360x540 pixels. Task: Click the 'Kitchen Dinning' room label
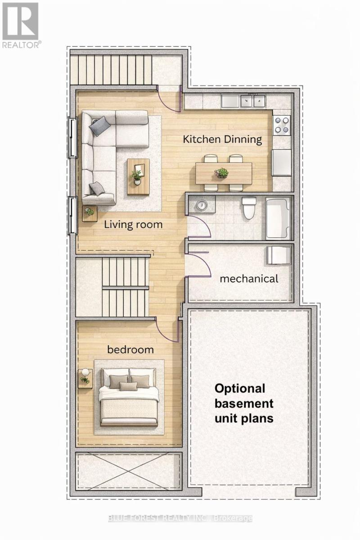tap(222, 139)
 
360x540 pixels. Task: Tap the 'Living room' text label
tap(133, 224)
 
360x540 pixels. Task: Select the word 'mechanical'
tap(249, 279)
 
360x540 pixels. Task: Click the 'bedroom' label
tap(130, 349)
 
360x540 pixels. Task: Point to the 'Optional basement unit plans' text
tap(243, 403)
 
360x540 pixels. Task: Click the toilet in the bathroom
tap(248, 207)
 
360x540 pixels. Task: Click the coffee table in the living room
tap(138, 176)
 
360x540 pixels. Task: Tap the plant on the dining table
tap(221, 172)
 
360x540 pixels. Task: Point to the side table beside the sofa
tap(90, 212)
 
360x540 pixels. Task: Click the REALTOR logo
tap(21, 24)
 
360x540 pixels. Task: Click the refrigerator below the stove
tap(282, 162)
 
